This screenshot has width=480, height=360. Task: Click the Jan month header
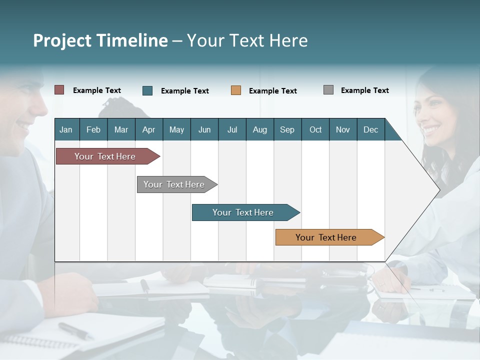pos(66,129)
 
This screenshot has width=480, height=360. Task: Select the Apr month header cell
pos(148,129)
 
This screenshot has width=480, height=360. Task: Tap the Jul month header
pos(232,129)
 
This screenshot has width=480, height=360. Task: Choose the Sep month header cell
pos(287,129)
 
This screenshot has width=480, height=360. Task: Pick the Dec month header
pos(370,129)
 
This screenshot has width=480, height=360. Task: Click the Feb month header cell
pos(93,129)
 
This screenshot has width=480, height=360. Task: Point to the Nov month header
pos(342,129)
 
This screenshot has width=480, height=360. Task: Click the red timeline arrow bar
pos(105,156)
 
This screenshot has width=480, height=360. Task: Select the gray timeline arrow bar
pos(174,184)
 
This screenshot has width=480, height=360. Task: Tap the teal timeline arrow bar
pos(243,212)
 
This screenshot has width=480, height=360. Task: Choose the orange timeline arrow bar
pos(326,237)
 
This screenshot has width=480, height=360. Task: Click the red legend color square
pos(59,90)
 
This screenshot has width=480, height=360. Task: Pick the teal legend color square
pos(147,90)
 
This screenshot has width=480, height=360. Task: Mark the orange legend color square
pos(236,90)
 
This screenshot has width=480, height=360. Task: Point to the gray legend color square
pos(328,90)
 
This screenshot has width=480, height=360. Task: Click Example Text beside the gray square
pos(364,90)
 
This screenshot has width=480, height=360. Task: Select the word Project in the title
pos(61,40)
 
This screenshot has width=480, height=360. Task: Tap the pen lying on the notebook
pos(75,330)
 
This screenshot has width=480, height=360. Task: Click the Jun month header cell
pos(204,129)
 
